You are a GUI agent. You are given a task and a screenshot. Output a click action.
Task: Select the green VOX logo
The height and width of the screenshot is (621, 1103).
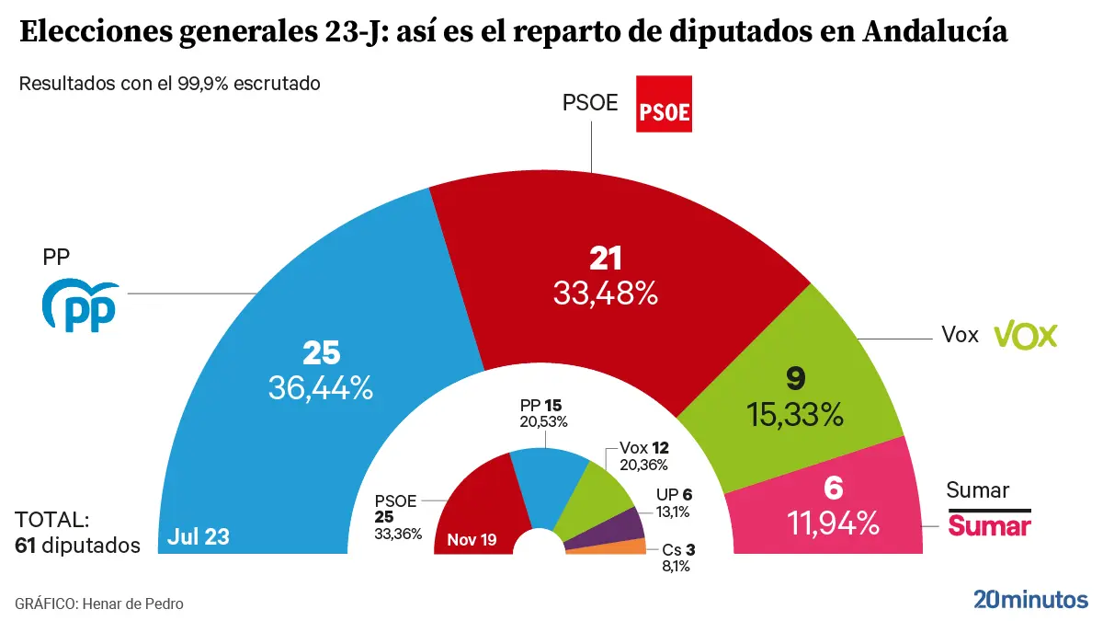point(1027,334)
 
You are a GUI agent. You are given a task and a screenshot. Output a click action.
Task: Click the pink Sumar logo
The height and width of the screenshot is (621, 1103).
point(989,525)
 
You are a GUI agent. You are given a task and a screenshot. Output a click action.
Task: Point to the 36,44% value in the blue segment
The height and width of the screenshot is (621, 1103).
point(321,388)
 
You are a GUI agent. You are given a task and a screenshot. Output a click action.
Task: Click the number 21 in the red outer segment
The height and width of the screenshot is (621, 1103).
point(606,259)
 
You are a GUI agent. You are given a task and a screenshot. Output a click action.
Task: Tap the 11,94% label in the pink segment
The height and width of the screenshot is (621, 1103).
point(834,523)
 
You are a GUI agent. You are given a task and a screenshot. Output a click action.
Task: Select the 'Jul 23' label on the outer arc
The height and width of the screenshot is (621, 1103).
point(199,537)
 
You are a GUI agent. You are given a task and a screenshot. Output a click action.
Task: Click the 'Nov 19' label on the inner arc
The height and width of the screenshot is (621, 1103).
point(472,539)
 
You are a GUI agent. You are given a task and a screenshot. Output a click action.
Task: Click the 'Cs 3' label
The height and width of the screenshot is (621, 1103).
point(678,550)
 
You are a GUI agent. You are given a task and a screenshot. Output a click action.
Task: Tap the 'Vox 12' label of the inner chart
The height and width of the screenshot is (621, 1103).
point(643,447)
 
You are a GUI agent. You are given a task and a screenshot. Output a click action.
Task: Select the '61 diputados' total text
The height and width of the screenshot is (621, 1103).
point(78,545)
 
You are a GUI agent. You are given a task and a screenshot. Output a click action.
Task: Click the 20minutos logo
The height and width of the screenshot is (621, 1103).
point(1030,599)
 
